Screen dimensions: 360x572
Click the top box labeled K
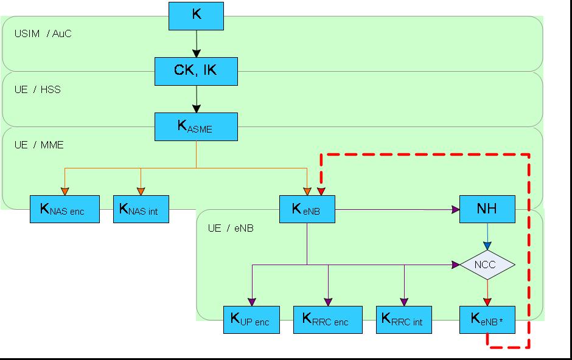click(196, 16)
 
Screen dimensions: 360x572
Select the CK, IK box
click(196, 71)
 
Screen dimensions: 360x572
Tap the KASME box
click(196, 126)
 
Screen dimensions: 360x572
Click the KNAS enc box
click(65, 210)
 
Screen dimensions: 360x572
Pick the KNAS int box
click(141, 210)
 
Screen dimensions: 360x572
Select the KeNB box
click(307, 209)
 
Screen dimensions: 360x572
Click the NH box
click(487, 209)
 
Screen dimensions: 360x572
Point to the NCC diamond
click(487, 265)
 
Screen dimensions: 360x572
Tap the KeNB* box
click(487, 320)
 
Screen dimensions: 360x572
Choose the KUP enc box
click(251, 320)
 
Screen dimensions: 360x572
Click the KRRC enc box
click(327, 320)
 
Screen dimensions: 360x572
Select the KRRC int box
click(403, 320)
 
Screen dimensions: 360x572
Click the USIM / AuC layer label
click(43, 33)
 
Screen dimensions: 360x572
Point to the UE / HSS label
click(38, 89)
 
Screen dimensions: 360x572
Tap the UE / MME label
click(39, 145)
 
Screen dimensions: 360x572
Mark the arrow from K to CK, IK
click(196, 44)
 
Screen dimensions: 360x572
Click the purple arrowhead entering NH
click(455, 209)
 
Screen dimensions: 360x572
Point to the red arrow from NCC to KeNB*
click(487, 292)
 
